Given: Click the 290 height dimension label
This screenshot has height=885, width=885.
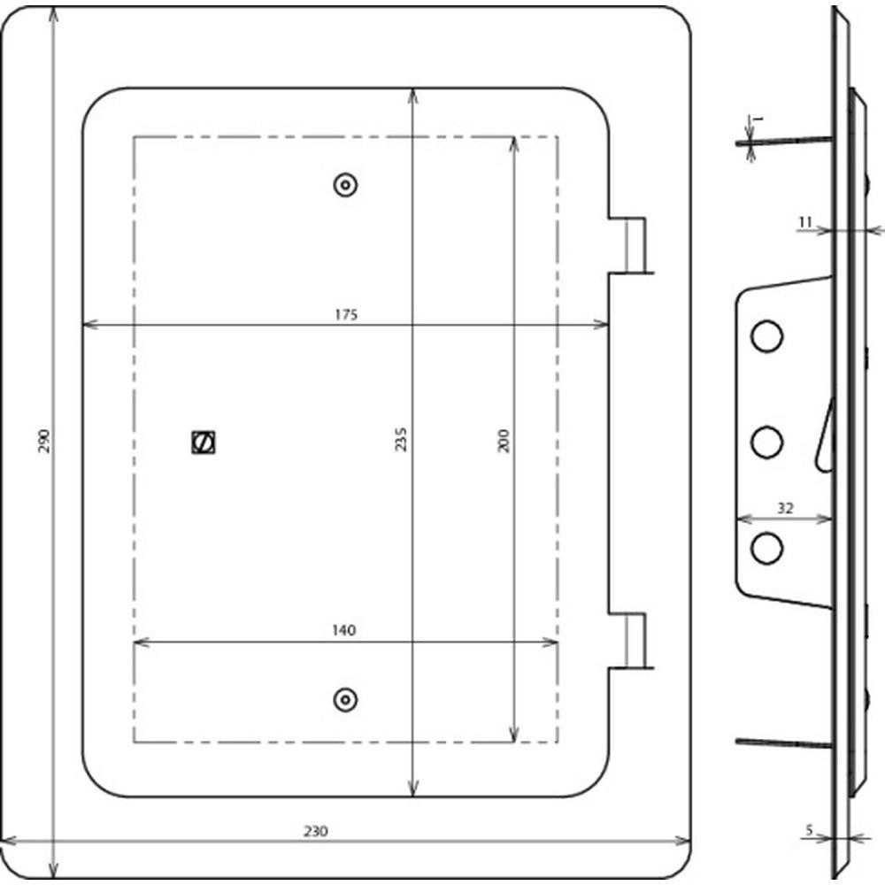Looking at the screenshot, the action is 44,441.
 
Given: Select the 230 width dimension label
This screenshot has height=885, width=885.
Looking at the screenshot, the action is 316,831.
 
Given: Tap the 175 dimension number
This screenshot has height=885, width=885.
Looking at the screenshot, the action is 346,314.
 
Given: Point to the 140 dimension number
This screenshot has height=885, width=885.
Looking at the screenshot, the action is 343,630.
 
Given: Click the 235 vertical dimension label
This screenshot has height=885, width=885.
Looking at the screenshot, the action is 400,439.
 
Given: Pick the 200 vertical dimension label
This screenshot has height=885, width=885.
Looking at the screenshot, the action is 504,441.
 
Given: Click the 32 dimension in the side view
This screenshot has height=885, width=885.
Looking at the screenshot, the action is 785,508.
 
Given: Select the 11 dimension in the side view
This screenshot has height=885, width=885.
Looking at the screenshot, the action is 804,222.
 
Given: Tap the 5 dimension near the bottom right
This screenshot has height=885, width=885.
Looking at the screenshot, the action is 809,830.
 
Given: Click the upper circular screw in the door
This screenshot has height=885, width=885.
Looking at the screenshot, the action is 345,185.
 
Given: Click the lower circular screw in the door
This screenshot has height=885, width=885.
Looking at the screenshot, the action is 345,700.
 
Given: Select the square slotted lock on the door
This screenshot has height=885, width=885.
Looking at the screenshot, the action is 204,442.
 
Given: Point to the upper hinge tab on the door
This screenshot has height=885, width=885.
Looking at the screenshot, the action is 631,245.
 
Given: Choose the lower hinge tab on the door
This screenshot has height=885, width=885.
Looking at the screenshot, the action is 631,641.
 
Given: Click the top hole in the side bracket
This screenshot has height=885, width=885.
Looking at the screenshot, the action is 766,335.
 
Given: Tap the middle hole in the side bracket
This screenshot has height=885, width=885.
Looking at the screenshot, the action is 766,442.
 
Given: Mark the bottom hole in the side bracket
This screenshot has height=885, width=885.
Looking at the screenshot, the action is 766,548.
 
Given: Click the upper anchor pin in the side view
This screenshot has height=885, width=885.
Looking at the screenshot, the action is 784,141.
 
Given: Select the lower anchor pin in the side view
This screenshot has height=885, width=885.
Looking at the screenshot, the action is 784,743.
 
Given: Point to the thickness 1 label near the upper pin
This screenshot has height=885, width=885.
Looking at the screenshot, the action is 758,119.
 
